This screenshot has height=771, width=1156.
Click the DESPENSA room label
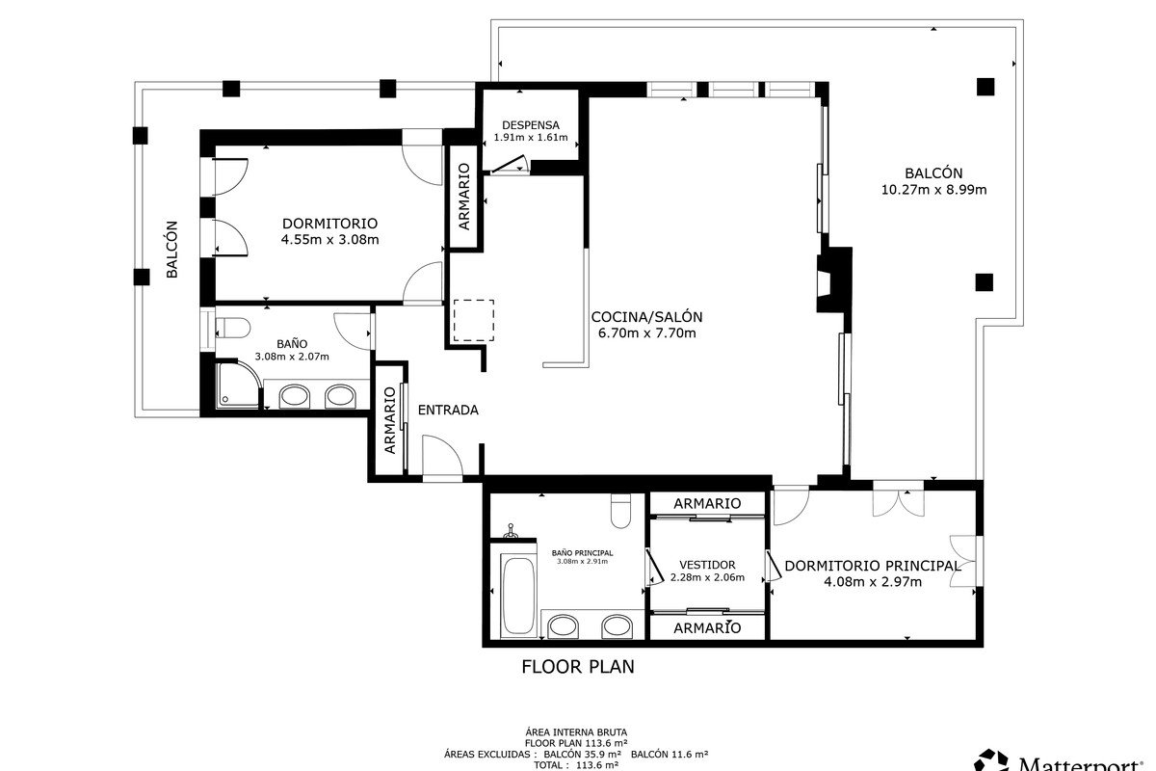point(531,125)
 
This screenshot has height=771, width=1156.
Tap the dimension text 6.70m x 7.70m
point(646,333)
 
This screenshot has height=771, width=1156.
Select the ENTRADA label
point(448,410)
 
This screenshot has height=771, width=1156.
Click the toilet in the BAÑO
point(233,328)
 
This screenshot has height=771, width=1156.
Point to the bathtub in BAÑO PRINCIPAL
point(519,596)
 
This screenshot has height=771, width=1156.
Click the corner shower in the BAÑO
point(237,385)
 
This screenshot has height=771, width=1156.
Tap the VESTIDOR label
point(707,565)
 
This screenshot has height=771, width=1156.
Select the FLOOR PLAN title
point(578,667)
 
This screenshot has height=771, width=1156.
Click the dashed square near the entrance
point(474,320)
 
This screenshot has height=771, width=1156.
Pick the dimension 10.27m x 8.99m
point(933,190)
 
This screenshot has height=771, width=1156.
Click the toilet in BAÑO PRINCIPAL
point(620,511)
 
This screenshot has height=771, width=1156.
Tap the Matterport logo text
point(1080,763)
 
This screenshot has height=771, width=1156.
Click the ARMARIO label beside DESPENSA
point(464,197)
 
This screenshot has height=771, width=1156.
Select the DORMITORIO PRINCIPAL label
point(872,566)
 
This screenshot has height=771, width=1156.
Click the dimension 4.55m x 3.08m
point(329,240)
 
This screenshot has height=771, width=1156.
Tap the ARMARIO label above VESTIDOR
point(707,503)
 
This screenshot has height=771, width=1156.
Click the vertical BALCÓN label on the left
point(171,250)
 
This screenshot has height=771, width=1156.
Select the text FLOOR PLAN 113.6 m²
point(576,743)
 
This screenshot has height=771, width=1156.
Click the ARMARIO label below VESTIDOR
point(707,628)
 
